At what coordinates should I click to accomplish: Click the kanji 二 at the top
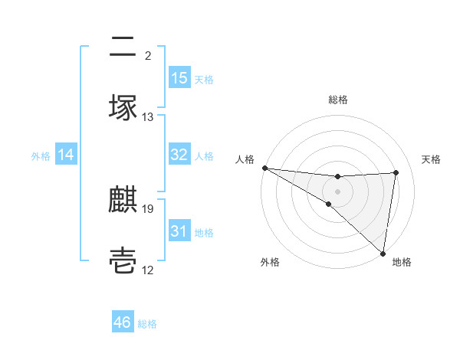pos(123,48)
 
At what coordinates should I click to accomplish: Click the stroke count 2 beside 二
pos(148,55)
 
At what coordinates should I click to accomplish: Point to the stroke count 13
pos(148,117)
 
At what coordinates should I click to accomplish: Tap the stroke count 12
pos(148,270)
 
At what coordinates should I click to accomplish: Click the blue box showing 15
pos(179,78)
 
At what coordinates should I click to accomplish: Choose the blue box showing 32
pos(179,155)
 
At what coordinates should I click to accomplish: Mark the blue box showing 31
pos(179,231)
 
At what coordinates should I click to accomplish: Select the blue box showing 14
pos(66,155)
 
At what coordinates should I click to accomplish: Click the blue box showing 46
pos(123,322)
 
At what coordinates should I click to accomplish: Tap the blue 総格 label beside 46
pos(147,324)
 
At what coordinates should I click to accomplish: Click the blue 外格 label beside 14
pos(41,155)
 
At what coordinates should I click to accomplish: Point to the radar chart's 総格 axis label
pos(337,100)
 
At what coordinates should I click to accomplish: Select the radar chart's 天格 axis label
pos(432,159)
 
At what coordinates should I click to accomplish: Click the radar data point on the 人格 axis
pos(264,168)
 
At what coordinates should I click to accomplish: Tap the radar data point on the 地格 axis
pos(383,253)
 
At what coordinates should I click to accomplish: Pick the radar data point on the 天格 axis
pos(396,172)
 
